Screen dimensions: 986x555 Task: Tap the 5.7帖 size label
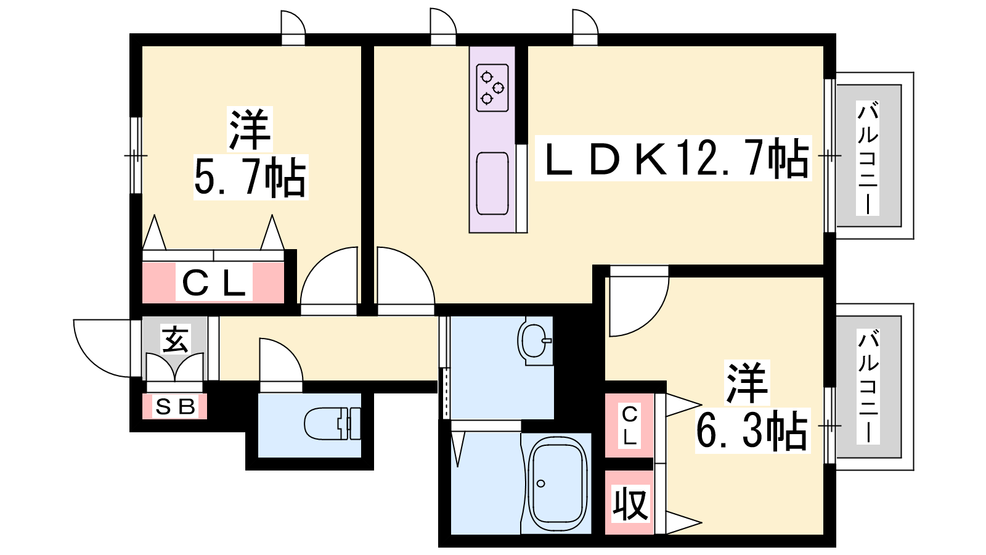pos(250,177)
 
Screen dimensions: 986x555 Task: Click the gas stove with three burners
pos(492,88)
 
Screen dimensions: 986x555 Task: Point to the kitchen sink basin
pos(492,184)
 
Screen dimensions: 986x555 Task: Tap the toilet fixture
pos(332,423)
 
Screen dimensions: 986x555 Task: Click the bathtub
pos(558,484)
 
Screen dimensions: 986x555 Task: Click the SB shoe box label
pos(175,406)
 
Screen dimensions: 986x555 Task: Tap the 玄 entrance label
pos(176,339)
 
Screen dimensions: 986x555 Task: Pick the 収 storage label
pos(631,503)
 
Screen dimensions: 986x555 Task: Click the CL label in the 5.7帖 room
pos(213,282)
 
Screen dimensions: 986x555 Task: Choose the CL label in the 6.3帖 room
pos(629,425)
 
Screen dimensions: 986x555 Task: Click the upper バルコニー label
pos(868,158)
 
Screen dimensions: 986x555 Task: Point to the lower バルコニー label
pos(868,386)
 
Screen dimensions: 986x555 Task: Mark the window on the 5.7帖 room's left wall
pos(136,155)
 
